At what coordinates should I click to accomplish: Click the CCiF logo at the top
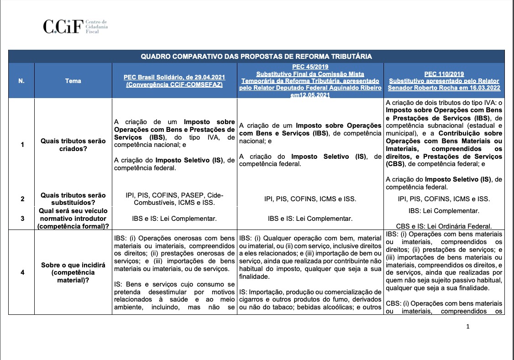(63, 26)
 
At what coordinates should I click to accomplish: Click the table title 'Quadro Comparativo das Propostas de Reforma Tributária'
(256, 57)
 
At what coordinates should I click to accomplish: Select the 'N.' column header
(21, 81)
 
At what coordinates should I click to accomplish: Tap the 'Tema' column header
(73, 81)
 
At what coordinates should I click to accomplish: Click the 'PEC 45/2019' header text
(310, 67)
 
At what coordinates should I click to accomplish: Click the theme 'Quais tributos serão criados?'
(73, 145)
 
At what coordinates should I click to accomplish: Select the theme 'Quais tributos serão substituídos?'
(73, 199)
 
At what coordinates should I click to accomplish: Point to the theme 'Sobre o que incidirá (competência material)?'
(73, 272)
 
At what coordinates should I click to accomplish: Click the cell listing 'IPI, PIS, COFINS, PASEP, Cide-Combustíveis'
(174, 199)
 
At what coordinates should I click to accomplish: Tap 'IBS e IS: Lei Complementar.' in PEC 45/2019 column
(310, 219)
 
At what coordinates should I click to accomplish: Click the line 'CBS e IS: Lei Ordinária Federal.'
(444, 226)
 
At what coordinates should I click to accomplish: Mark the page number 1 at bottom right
(468, 326)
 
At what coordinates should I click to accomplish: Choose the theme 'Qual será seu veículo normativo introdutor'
(73, 215)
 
